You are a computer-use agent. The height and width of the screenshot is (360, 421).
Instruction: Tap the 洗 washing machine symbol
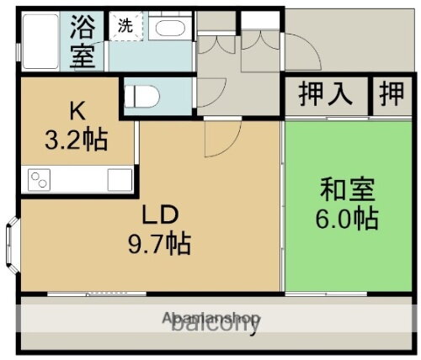click(x=125, y=26)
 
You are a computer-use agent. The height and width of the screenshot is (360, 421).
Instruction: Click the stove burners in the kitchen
click(x=40, y=179)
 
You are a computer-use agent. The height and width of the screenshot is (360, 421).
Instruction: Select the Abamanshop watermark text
click(x=211, y=319)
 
